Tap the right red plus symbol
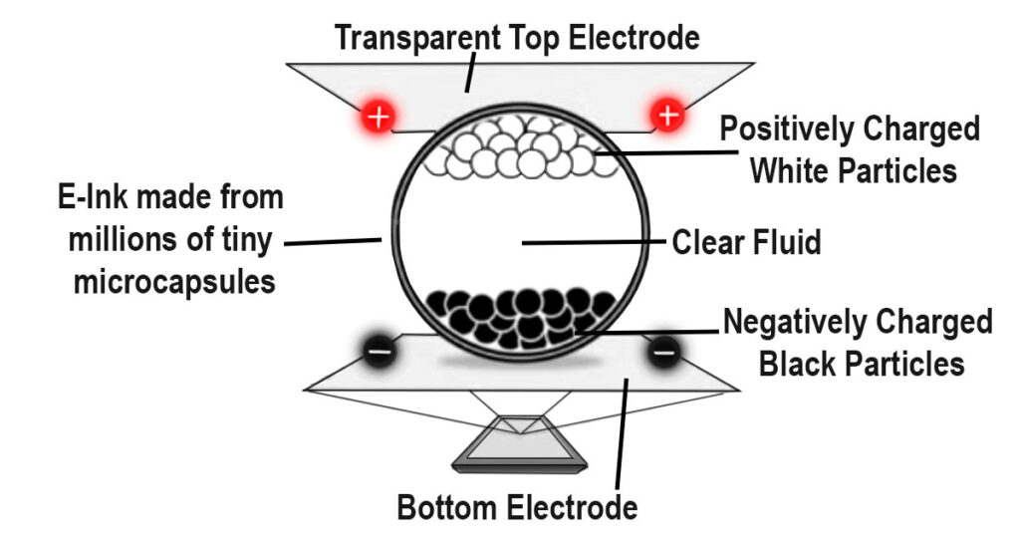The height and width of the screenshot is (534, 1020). coord(667,117)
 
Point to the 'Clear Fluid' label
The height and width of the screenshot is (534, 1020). coord(747,242)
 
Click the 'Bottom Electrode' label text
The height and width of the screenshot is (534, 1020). coord(517,507)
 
